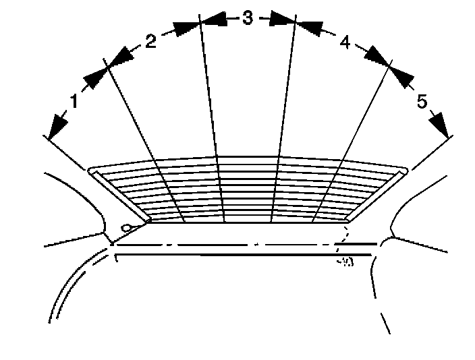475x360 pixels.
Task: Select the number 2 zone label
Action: click(x=150, y=41)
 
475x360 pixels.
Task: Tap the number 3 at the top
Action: click(x=247, y=19)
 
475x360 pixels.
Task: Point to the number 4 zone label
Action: click(x=344, y=43)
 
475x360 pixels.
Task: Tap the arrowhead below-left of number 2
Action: click(x=119, y=56)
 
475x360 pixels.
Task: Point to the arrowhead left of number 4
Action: click(x=310, y=28)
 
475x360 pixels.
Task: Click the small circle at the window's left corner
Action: click(x=125, y=229)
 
